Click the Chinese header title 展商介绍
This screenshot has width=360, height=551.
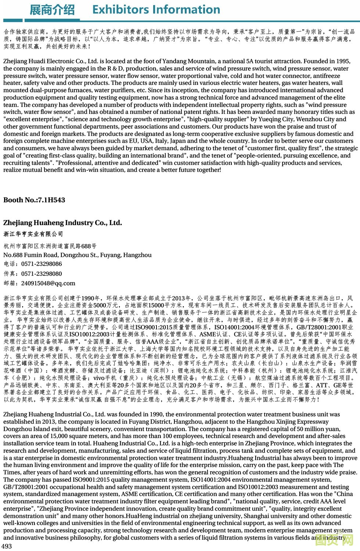coord(52,10)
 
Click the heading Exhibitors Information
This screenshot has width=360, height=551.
coord(156,9)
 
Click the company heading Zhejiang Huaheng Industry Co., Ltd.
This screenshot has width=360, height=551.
coord(62,223)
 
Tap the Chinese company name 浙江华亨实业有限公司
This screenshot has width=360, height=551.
coord(33,234)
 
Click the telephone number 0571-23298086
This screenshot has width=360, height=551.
coord(42,264)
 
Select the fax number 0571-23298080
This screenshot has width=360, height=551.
coord(42,274)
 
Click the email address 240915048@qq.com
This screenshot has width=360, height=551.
coord(48,283)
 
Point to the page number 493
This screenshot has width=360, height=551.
coord(7,546)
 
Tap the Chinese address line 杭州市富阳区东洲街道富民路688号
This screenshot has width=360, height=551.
coord(50,246)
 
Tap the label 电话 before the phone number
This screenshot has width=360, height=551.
coord(10,264)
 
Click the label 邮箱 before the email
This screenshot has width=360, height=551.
coord(10,283)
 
